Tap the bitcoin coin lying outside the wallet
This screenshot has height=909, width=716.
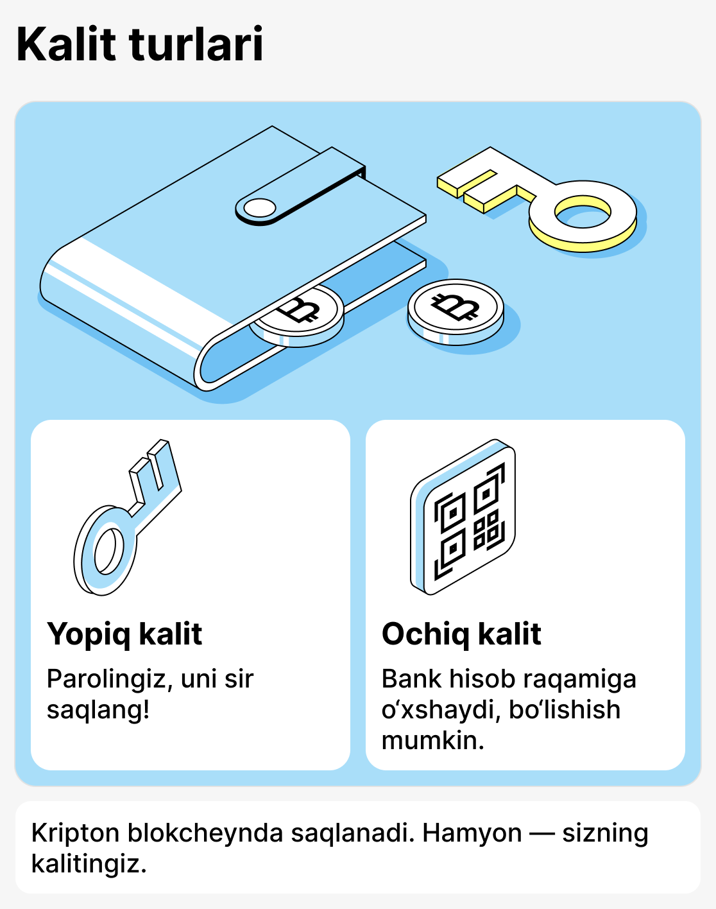coord(456,310)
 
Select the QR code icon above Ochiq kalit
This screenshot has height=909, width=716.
coord(464,517)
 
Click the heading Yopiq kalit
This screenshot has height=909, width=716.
coord(124,634)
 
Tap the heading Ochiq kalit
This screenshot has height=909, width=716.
coord(461,634)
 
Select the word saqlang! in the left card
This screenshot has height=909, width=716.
coord(98,710)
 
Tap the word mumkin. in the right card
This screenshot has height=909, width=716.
coord(432,741)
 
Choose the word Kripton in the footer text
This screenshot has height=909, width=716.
coord(75,833)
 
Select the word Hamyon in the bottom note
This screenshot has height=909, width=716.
coord(472,833)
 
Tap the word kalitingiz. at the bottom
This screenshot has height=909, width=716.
coord(89,864)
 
